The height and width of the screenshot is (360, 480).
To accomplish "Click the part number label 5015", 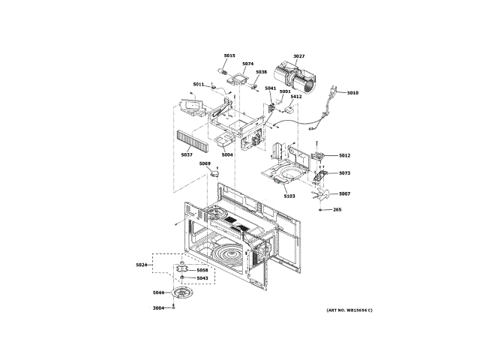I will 229,55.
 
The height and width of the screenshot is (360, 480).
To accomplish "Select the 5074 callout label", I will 248,64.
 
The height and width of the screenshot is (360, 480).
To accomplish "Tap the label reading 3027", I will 298,56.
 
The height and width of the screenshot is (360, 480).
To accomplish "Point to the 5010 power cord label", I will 352,93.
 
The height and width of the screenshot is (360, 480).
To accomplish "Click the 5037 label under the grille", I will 187,154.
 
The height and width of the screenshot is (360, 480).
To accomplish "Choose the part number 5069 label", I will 205,163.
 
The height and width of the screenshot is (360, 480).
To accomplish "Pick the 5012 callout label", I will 344,155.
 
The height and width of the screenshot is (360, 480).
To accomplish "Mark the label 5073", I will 344,173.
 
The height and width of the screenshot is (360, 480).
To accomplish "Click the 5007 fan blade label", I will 344,193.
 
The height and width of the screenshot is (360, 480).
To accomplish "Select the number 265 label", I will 337,210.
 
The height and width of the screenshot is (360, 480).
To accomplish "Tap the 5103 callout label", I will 289,196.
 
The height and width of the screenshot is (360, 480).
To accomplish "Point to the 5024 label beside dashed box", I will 142,265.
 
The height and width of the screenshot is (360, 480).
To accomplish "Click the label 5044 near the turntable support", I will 158,292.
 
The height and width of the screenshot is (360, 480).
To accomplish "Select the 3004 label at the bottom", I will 158,308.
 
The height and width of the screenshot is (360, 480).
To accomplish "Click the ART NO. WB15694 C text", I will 349,310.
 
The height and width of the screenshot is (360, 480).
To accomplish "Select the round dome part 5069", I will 217,173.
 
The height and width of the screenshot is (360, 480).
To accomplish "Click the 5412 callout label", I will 296,97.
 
